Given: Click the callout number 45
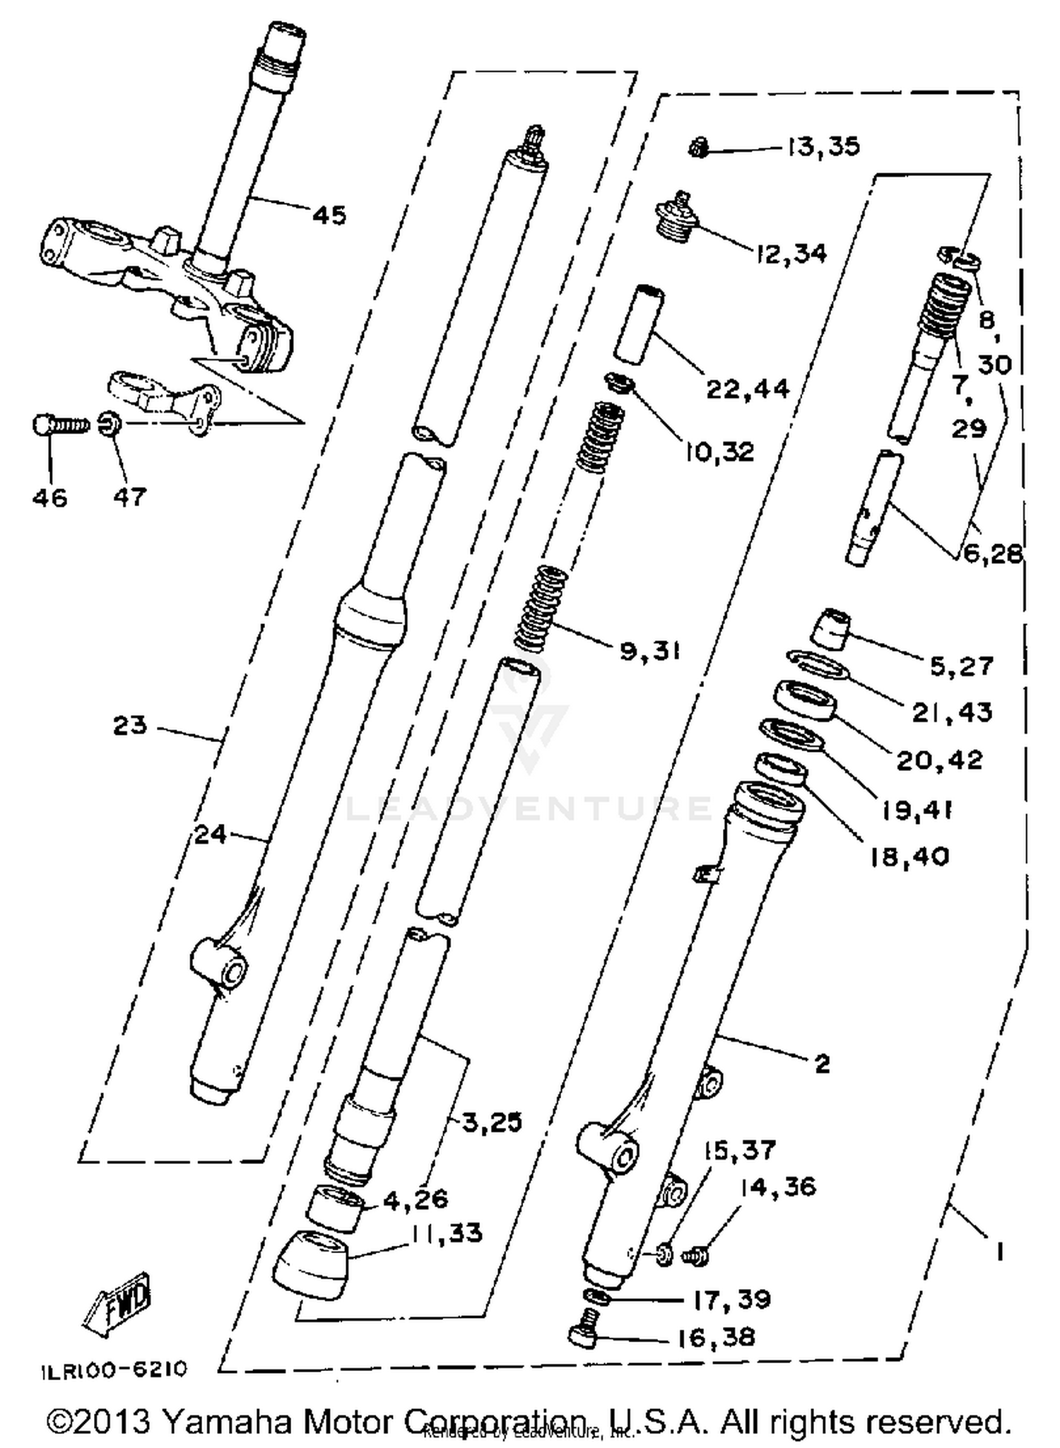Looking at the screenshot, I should [329, 214].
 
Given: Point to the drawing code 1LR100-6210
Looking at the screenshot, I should [114, 1369].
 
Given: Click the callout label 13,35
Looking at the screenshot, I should [823, 146].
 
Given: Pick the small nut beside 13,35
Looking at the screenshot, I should [698, 149].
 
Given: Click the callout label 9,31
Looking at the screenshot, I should [649, 651].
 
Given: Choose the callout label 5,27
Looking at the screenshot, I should [961, 666].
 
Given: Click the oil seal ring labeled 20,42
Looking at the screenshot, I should [806, 700].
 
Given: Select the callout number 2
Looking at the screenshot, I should [822, 1064].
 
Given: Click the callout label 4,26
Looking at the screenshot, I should [416, 1199].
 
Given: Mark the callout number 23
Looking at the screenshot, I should [130, 725].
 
